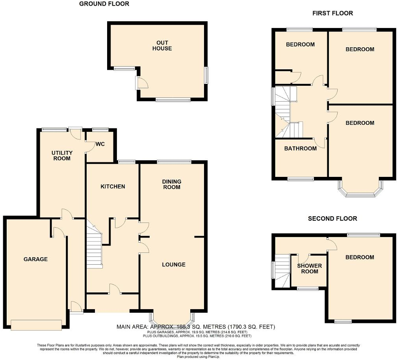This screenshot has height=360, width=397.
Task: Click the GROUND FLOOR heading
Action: [104, 4]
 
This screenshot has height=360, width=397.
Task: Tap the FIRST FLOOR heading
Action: [332, 13]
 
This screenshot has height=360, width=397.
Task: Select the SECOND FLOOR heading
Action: [332, 219]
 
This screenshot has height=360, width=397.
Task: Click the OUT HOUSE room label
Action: [164, 45]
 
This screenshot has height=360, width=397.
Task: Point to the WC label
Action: [100, 144]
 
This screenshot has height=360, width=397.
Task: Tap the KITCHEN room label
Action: [112, 186]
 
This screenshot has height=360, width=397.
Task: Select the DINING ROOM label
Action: [172, 184]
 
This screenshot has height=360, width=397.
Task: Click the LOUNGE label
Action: [173, 264]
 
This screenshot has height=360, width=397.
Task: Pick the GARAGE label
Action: [35, 259]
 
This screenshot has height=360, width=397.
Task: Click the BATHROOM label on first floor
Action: [301, 148]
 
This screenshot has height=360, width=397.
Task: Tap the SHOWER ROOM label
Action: [309, 269]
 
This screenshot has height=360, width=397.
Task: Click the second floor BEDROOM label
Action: [360, 257]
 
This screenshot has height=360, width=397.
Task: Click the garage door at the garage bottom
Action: [36, 325]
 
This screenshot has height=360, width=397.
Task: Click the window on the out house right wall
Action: [206, 75]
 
